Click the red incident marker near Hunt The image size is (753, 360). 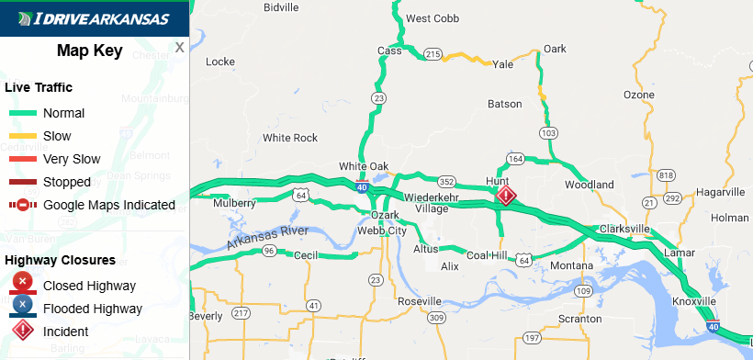tap(506, 196)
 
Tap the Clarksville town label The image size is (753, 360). tap(624, 228)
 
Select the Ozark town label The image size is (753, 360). tap(384, 215)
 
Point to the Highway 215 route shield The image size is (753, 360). tap(433, 54)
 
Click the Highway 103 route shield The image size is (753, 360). tap(548, 133)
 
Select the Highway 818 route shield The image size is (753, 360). tap(666, 175)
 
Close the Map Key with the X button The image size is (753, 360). tap(180, 47)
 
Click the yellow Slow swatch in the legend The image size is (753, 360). tap(22, 136)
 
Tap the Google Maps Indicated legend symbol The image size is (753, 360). tap(22, 205)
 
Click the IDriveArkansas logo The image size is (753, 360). tap(94, 18)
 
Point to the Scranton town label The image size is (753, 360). tap(579, 319)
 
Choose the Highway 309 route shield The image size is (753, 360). tap(436, 318)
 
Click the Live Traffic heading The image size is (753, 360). tap(39, 87)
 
